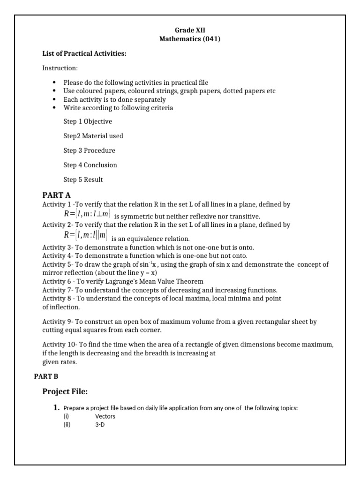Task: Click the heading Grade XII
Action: [x=189, y=30]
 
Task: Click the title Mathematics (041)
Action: [x=189, y=39]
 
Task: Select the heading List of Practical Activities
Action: [x=84, y=54]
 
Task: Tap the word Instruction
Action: [x=60, y=68]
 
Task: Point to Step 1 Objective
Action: [x=88, y=121]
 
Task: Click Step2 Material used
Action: [x=93, y=136]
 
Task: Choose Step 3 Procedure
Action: [x=89, y=150]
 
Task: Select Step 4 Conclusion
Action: [x=90, y=165]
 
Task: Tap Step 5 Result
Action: [x=83, y=180]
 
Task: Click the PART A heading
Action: [x=56, y=195]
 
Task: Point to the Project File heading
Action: [x=65, y=391]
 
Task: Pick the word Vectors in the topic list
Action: [x=105, y=416]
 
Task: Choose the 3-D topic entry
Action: [x=100, y=425]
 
